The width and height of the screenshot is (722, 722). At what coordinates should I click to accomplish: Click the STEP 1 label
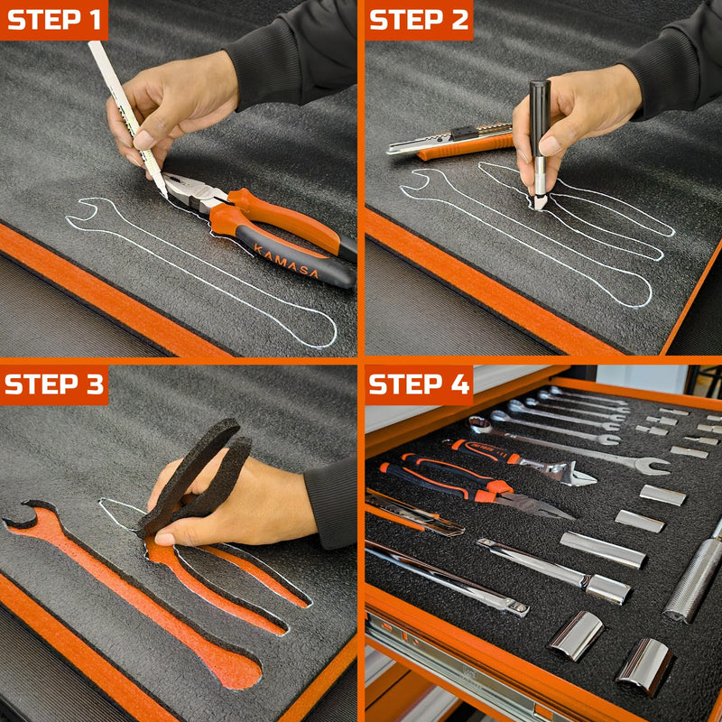54,20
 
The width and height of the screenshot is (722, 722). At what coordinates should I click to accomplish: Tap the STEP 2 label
419,20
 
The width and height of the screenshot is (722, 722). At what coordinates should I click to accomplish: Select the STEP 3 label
54,384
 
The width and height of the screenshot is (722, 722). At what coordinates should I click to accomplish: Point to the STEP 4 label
419,384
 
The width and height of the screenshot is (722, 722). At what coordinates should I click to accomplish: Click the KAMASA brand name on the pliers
286,261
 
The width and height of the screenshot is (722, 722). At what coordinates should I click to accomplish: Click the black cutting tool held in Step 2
539,143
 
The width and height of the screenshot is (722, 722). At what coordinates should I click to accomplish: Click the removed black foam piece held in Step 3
197,477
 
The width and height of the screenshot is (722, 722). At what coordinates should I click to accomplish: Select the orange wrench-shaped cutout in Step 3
134,595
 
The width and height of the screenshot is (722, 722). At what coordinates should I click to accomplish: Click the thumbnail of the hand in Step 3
164,538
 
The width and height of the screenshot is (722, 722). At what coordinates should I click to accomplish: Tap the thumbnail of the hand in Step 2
549,146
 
